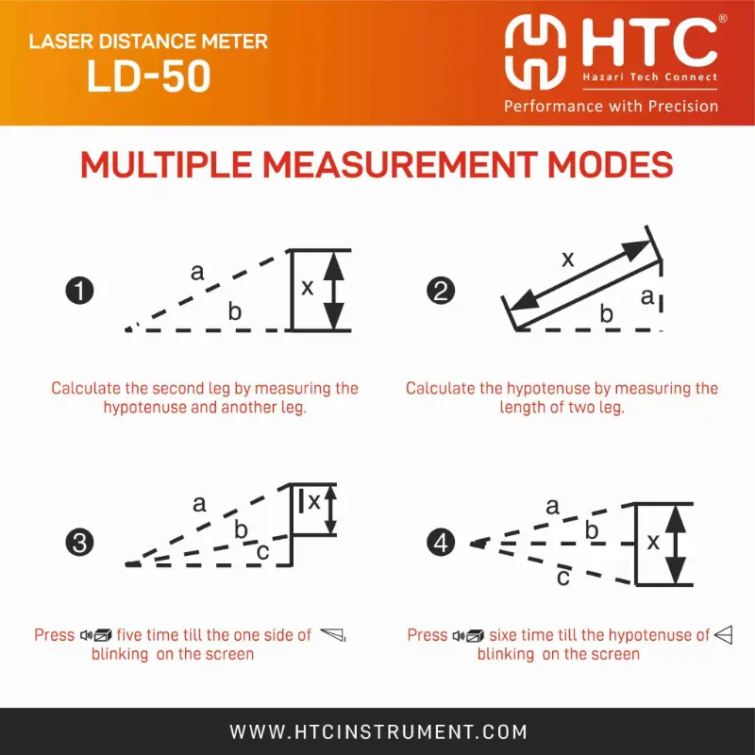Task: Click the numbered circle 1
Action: click(79, 291)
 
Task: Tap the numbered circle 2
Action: click(441, 291)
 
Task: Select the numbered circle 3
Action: click(79, 543)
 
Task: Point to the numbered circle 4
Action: click(441, 543)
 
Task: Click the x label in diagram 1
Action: click(308, 288)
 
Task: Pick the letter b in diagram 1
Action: click(234, 311)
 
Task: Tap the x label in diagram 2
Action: click(568, 259)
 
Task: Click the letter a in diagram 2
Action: click(647, 296)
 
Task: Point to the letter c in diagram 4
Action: click(563, 577)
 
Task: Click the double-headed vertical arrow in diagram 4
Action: click(677, 545)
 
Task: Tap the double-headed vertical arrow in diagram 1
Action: click(334, 291)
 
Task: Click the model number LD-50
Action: click(149, 76)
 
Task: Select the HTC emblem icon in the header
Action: click(535, 52)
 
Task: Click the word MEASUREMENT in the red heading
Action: click(399, 164)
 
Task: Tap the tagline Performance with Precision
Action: click(611, 106)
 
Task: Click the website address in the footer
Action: click(378, 732)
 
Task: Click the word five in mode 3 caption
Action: click(131, 634)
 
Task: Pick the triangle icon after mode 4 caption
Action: click(724, 635)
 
